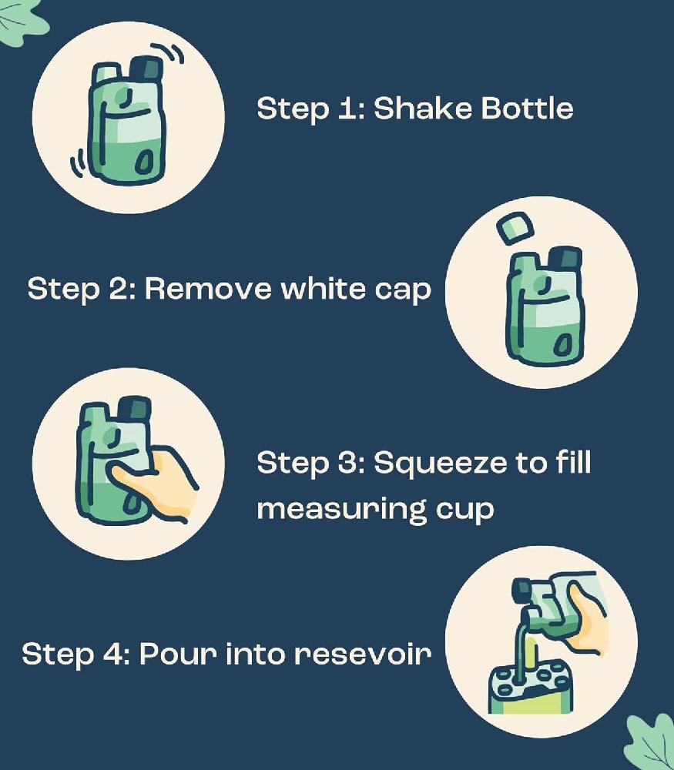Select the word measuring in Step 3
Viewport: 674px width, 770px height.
tap(341, 511)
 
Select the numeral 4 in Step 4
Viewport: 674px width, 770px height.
tap(113, 654)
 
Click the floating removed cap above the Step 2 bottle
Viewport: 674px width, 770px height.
tap(515, 228)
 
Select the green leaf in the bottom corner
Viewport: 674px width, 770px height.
tap(649, 742)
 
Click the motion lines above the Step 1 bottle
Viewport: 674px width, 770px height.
tap(168, 53)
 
